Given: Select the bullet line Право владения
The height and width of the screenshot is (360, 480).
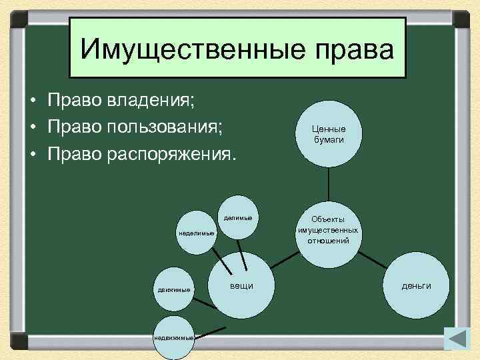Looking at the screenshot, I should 121,101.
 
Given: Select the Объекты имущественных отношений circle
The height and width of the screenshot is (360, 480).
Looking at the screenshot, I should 328,229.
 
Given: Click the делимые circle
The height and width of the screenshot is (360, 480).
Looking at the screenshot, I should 237,217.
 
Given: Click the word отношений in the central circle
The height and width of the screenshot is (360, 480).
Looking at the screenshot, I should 328,240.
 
